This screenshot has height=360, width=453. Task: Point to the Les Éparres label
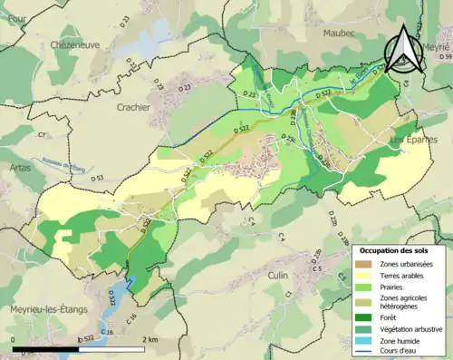click(412, 141)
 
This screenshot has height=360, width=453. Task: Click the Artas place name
click(19, 169)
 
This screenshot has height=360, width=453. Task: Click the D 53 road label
click(95, 178)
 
